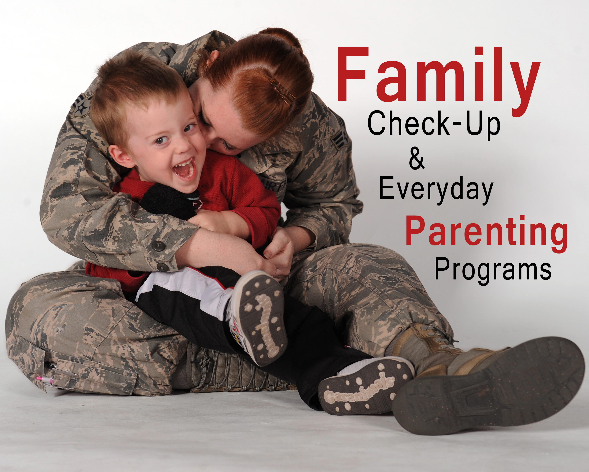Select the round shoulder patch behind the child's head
(x=82, y=105)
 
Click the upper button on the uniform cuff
(x=159, y=245)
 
